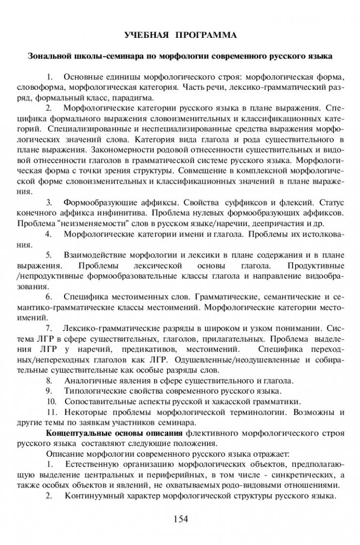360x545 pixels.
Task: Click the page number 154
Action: tap(180, 518)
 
